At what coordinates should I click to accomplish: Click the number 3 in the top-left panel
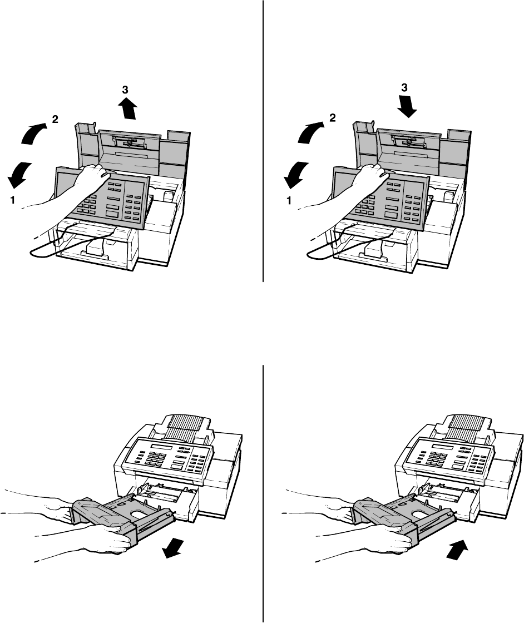click(125, 90)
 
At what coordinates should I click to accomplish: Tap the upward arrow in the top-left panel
click(128, 108)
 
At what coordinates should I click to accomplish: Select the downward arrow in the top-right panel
click(408, 108)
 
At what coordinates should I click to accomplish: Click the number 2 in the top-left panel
click(55, 118)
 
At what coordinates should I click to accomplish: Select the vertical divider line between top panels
click(263, 139)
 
